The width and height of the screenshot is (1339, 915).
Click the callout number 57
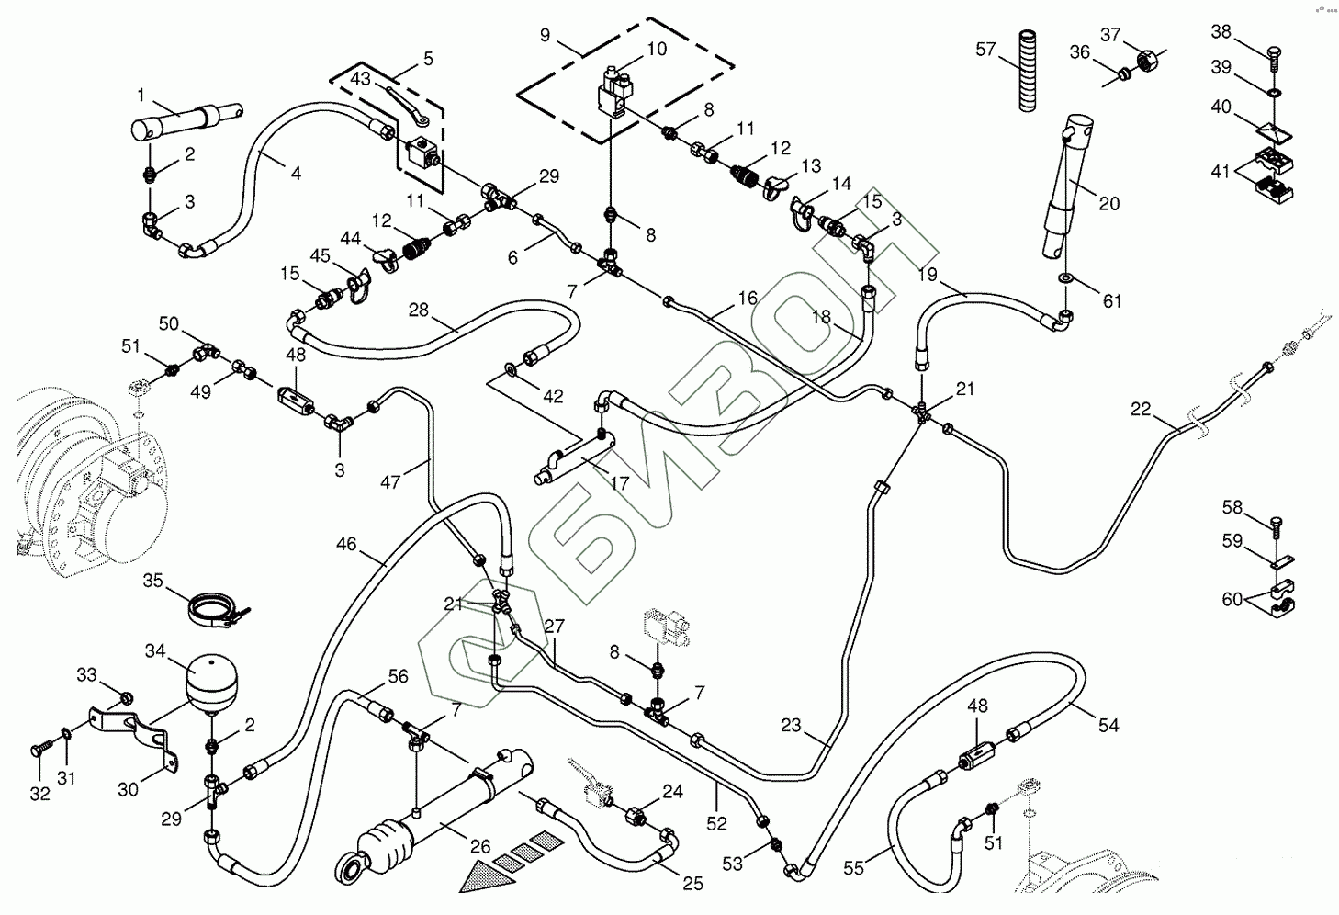985,49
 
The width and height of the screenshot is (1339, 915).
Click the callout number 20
1109,203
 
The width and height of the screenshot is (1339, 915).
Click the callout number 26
481,847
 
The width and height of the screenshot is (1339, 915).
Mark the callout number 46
345,544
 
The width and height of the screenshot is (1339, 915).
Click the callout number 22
1141,409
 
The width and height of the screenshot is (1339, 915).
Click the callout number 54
1108,725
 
